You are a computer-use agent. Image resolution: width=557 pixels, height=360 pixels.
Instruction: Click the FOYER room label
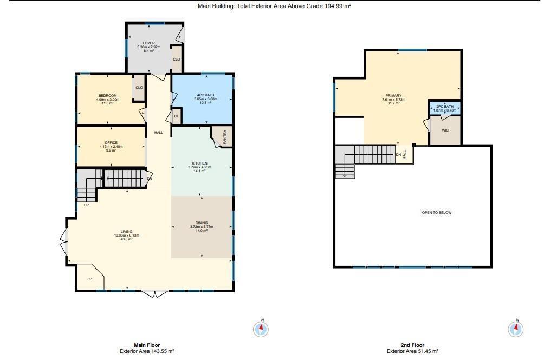(148, 43)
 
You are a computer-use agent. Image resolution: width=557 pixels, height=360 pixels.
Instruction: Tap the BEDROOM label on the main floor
(107, 96)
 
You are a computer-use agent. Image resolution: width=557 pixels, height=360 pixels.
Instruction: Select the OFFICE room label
(111, 143)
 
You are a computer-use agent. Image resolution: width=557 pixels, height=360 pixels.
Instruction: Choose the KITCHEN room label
(199, 163)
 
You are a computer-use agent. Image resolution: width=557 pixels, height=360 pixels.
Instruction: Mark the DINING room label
(202, 223)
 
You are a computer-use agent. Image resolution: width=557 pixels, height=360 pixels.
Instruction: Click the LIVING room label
(126, 232)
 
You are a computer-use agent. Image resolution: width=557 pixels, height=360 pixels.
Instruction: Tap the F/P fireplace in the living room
(89, 279)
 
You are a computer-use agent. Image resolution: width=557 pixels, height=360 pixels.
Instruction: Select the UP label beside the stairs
(86, 205)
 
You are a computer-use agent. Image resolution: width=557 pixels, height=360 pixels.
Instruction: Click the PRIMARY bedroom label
(393, 96)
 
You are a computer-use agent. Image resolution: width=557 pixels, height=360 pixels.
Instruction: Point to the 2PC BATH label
(445, 107)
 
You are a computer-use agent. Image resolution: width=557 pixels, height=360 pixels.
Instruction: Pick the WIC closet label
(445, 130)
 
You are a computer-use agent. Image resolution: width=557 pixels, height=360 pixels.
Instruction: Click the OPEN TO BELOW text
(436, 213)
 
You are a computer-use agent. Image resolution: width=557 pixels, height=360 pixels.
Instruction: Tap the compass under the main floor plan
(261, 328)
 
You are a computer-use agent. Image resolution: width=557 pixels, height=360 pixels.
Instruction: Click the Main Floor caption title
(146, 345)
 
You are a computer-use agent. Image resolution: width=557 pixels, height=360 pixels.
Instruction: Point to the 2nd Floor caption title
(413, 345)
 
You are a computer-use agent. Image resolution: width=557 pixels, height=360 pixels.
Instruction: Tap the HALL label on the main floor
(158, 133)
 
